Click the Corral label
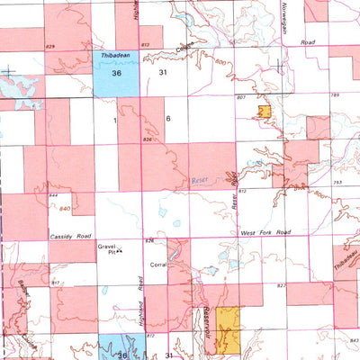tap(159, 266)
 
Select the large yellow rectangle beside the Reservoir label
tap(229, 328)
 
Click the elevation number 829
tap(49, 44)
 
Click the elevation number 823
tap(281, 285)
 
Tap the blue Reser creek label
tap(201, 181)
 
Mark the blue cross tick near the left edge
tap(8, 72)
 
